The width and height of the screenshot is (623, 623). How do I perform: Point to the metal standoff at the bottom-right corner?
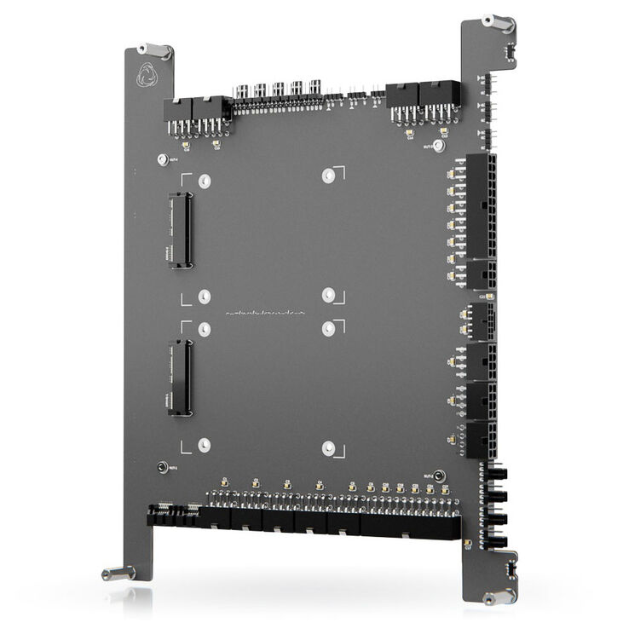498,596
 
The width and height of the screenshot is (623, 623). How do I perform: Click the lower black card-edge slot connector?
180,378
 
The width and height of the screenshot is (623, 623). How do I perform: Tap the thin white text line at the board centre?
265,313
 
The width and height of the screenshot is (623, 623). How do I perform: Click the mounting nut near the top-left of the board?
162,159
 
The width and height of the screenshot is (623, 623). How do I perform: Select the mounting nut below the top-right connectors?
439,146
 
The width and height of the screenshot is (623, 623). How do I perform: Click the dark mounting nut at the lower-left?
161,467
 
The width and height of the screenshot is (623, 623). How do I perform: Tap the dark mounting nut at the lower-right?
439,476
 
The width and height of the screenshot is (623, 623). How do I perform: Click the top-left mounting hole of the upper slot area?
204,181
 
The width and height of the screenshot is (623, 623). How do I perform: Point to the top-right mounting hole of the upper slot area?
328,175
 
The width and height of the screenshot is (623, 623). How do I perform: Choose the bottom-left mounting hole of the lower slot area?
204,444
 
